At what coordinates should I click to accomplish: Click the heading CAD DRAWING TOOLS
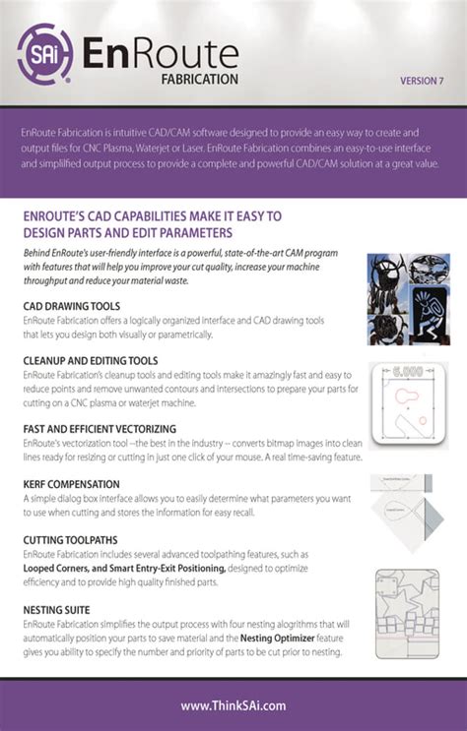72,306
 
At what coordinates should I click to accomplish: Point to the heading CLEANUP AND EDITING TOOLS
91,361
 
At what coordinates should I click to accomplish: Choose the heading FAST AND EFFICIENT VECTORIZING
100,429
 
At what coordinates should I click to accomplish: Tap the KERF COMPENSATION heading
72,484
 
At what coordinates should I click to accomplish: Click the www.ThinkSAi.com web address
233,704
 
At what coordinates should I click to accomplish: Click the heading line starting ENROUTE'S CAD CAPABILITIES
152,215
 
